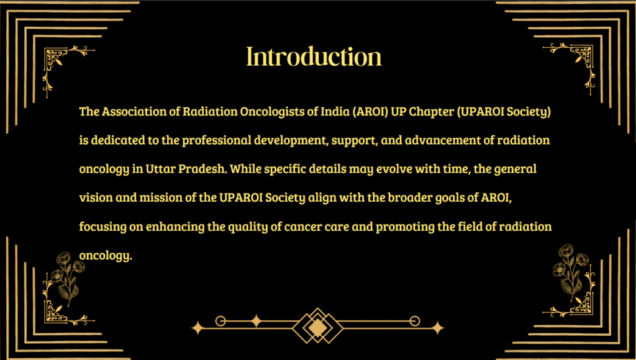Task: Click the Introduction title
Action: pos(314,56)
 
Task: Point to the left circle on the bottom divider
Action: pos(220,321)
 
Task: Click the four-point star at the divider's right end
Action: pos(437,328)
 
